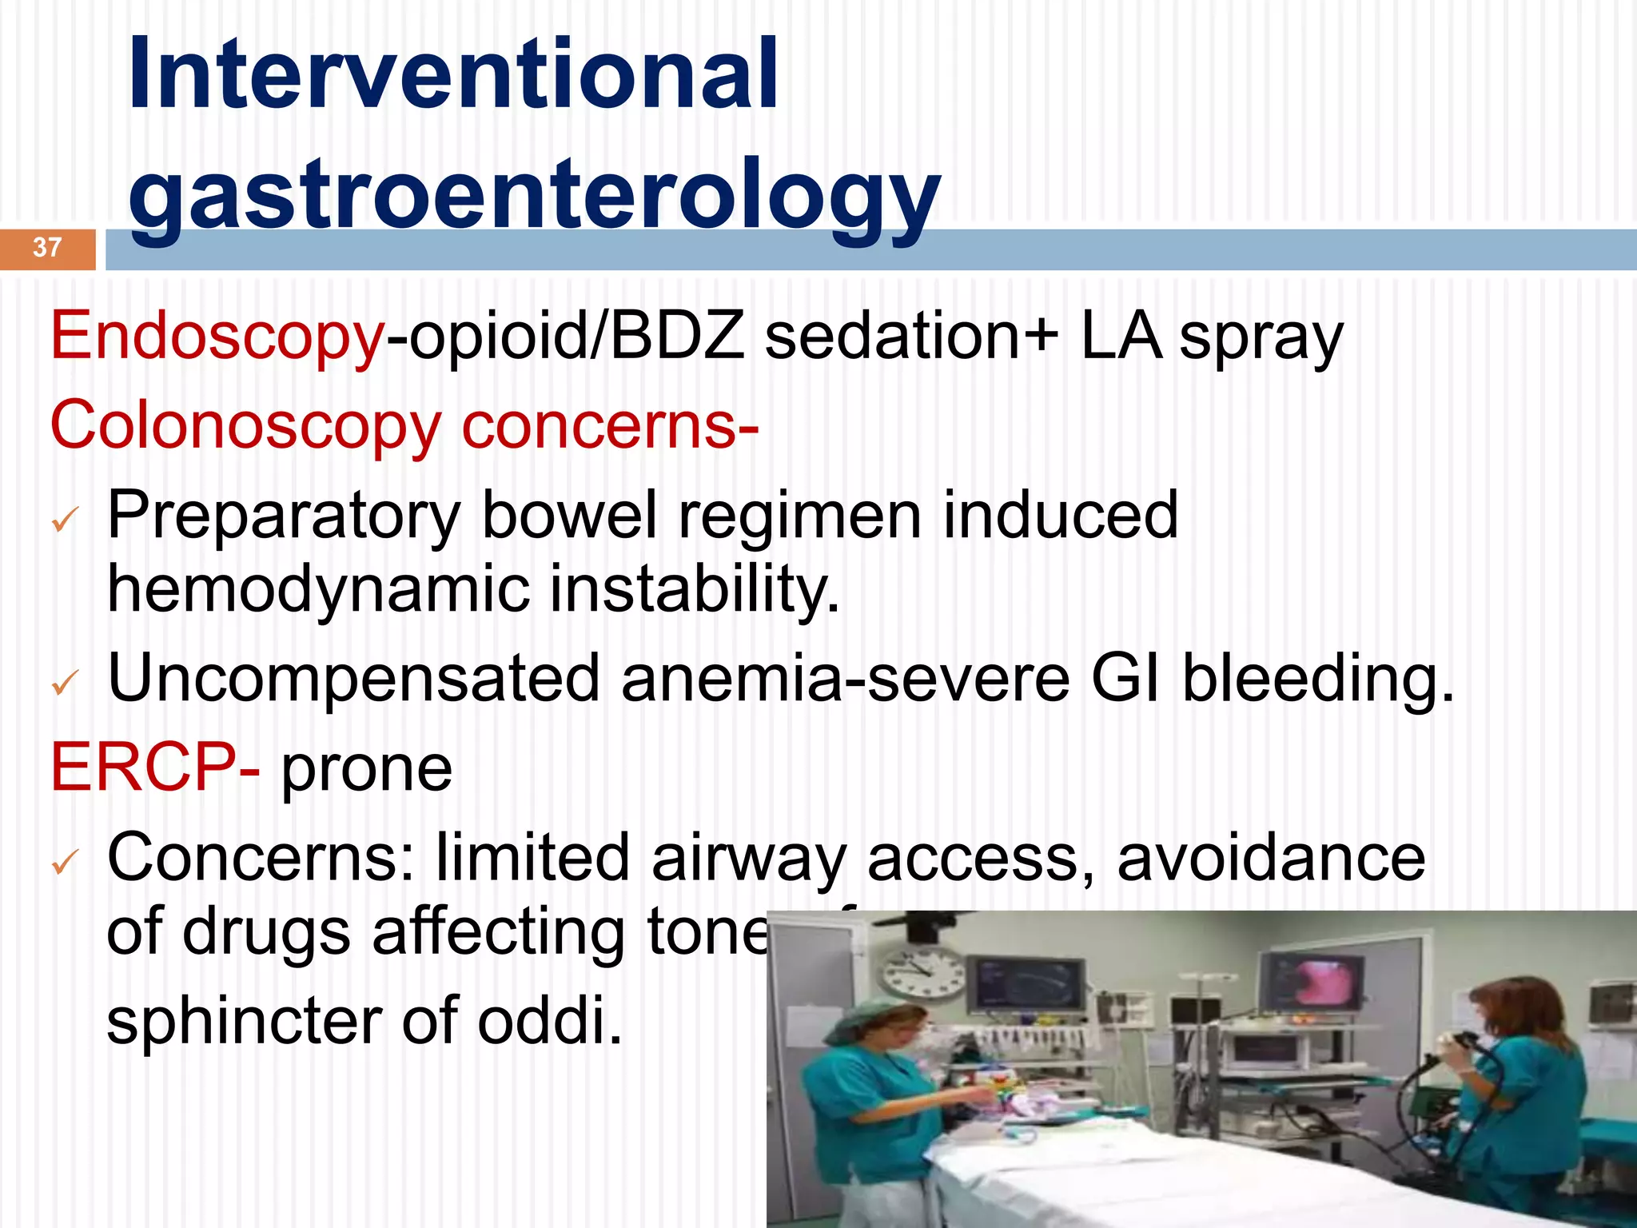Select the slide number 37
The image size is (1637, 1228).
(x=47, y=247)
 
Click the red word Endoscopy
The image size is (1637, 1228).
(x=217, y=337)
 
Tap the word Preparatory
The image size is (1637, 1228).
(x=284, y=516)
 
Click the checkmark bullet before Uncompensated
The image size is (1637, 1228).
(x=64, y=682)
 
